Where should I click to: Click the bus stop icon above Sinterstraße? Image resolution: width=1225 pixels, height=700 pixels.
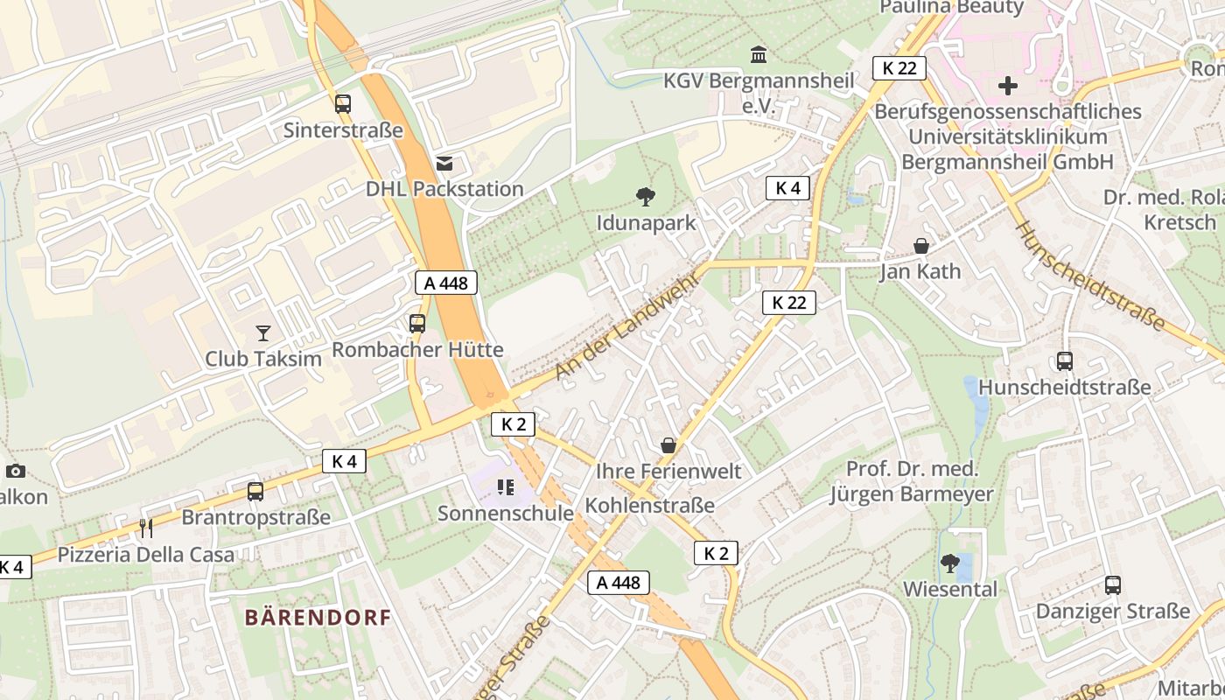click(x=343, y=103)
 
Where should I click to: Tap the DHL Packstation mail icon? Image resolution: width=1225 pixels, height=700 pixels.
click(x=444, y=163)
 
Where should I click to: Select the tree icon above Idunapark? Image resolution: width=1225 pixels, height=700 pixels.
click(x=646, y=196)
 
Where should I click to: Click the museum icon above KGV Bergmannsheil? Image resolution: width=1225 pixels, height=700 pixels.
click(x=759, y=55)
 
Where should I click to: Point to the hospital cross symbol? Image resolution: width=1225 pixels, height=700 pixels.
click(x=1008, y=86)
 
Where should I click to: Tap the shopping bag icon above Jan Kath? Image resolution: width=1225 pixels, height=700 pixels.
click(x=920, y=246)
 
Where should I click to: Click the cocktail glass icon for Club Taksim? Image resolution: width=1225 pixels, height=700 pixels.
click(x=262, y=332)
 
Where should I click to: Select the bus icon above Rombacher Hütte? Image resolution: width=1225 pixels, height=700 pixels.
click(x=417, y=324)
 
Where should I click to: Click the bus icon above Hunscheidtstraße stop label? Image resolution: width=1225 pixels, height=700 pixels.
click(x=1064, y=360)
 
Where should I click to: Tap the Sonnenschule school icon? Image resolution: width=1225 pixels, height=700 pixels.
click(x=505, y=486)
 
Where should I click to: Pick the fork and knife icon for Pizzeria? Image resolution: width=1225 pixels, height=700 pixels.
click(x=146, y=528)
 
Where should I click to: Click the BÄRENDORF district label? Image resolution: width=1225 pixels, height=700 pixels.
click(x=318, y=618)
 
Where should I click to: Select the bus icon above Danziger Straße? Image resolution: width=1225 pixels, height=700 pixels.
click(x=1113, y=584)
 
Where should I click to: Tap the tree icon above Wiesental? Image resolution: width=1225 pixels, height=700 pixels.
click(x=949, y=563)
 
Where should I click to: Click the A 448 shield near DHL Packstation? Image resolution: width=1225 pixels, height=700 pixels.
click(x=446, y=283)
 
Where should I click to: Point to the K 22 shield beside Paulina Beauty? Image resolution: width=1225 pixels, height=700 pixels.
click(x=899, y=67)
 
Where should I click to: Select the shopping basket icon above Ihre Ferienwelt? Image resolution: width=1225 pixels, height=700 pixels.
click(x=668, y=445)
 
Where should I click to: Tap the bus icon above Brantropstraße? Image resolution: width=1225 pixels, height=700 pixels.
click(x=255, y=491)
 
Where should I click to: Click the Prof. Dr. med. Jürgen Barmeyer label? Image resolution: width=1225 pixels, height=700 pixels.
click(x=912, y=481)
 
